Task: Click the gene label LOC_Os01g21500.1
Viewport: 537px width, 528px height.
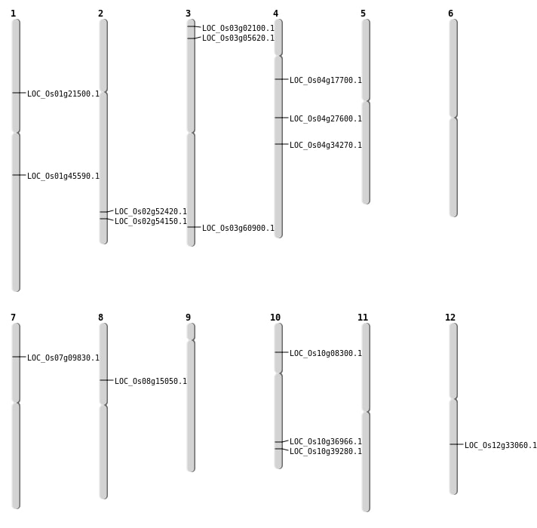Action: click(x=63, y=94)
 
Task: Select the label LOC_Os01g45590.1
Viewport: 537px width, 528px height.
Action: click(x=63, y=176)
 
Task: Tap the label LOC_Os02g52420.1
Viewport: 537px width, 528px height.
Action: click(x=151, y=211)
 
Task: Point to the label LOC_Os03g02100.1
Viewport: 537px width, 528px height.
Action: click(x=238, y=28)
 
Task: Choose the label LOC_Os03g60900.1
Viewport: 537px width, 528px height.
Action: click(x=238, y=228)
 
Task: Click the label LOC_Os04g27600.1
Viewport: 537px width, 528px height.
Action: click(x=326, y=118)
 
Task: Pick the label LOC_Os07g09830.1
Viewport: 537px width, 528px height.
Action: click(x=63, y=358)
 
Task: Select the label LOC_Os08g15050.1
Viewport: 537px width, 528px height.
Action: click(x=151, y=381)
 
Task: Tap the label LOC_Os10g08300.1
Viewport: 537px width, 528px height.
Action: click(x=326, y=353)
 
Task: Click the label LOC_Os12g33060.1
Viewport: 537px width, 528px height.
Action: click(x=501, y=445)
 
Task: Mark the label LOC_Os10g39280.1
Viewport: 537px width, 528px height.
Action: click(x=326, y=451)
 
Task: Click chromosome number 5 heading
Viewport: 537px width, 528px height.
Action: click(x=363, y=14)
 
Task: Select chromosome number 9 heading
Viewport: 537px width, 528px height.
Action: click(x=188, y=318)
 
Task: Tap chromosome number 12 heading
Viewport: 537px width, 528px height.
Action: click(x=450, y=318)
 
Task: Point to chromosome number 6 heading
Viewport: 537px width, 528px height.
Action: click(x=451, y=14)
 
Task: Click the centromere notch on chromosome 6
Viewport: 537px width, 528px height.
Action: click(x=453, y=118)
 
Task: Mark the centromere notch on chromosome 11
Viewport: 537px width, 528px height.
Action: click(x=366, y=411)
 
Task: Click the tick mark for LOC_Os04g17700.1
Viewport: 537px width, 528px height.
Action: click(x=281, y=79)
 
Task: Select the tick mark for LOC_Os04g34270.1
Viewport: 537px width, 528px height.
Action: click(x=281, y=144)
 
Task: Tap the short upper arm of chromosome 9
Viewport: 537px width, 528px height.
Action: click(x=191, y=331)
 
